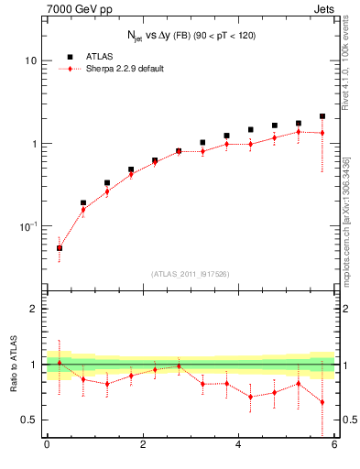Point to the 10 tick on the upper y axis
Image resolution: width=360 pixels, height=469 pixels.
(x=30, y=60)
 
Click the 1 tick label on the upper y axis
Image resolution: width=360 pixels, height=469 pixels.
(x=33, y=144)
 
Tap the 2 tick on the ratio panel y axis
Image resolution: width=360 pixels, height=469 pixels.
(x=33, y=309)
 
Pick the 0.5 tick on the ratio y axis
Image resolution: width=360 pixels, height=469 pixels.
(x=28, y=420)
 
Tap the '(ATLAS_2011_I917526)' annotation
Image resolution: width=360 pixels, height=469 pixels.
(x=191, y=274)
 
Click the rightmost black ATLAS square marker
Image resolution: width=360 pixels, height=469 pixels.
(x=322, y=116)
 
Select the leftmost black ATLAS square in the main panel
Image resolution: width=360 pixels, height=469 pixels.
(x=60, y=247)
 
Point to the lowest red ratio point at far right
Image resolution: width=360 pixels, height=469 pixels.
(x=322, y=402)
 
